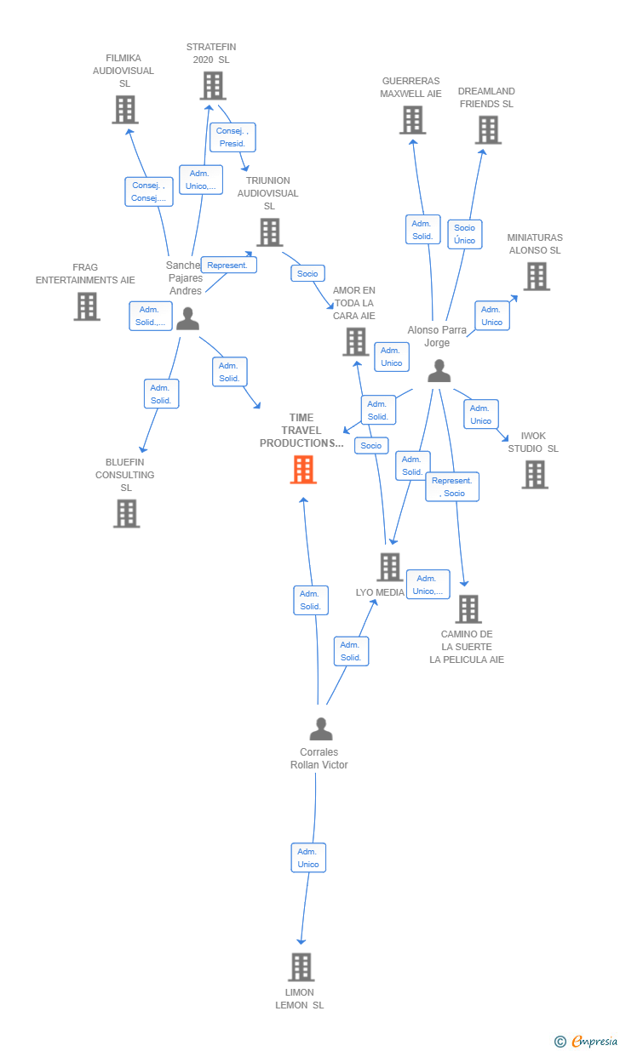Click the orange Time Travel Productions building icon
303,470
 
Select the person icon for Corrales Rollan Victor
320,728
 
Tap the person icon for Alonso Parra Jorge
439,370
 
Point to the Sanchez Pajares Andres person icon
187,318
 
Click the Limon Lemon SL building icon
301,968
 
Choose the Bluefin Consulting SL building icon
126,513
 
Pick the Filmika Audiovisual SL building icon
124,110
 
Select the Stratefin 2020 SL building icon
212,86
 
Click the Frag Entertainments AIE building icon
86,306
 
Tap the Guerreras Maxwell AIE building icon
412,120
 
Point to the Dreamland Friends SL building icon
487,130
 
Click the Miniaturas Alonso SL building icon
536,277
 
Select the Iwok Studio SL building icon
534,475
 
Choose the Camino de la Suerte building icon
468,609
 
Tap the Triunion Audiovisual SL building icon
269,232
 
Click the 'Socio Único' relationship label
464,234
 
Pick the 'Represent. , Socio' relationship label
452,487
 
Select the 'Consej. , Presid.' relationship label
232,137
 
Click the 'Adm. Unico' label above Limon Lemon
308,858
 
